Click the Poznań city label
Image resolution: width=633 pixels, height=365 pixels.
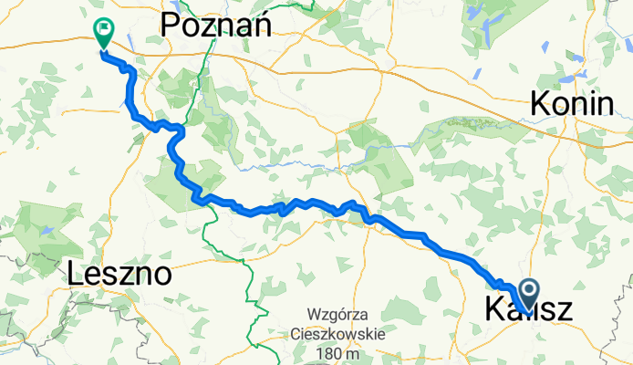pyautogui.click(x=218, y=26)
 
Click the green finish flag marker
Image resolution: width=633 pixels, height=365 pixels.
pyautogui.click(x=103, y=33)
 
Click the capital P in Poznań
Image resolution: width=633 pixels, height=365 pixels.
pyautogui.click(x=171, y=27)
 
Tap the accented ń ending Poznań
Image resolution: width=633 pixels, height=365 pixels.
pyautogui.click(x=264, y=26)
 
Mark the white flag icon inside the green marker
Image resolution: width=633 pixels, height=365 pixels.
pyautogui.click(x=104, y=29)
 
